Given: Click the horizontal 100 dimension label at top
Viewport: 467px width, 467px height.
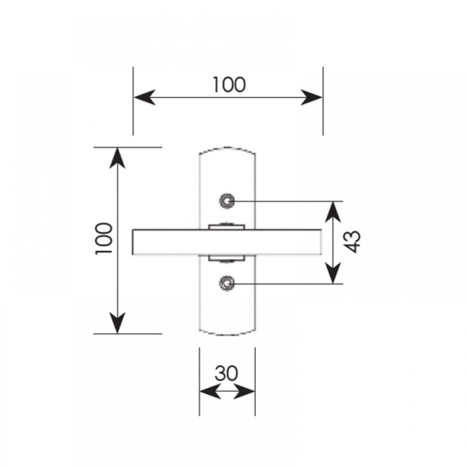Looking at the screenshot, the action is coord(229,85).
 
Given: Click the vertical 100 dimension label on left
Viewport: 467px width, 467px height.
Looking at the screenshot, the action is coord(104,239).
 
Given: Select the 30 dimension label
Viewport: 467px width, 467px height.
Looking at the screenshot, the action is coord(226,373).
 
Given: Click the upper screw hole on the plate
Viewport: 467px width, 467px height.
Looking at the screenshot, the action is coord(227,201).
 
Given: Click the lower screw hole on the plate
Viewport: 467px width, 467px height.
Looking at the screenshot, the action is coord(227,283).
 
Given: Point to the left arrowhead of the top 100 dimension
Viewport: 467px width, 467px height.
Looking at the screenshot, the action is coord(145,97).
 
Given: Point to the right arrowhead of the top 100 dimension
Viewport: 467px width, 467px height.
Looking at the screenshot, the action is coord(312,97).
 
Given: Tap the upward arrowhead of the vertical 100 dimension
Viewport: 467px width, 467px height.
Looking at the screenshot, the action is coord(117,159).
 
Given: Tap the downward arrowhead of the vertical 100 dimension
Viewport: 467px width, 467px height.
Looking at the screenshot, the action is coord(117,322).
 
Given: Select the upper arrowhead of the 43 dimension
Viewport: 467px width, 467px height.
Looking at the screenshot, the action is coord(333,212).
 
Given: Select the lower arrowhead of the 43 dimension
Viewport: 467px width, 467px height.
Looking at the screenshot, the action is coord(333,273).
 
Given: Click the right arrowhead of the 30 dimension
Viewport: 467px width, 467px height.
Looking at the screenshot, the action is coord(244,391).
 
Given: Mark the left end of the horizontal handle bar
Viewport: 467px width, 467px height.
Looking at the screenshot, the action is coord(132,242).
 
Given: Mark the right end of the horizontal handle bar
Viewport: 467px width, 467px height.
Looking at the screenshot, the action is coord(321,242).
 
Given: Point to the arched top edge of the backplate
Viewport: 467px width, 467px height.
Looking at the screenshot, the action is coord(227,147).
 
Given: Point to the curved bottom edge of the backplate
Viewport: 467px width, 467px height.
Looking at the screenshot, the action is coord(227,335).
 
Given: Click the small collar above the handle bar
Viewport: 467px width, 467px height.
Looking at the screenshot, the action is coord(227,227).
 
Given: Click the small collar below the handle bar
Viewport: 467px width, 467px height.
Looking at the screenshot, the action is coord(227,258).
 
